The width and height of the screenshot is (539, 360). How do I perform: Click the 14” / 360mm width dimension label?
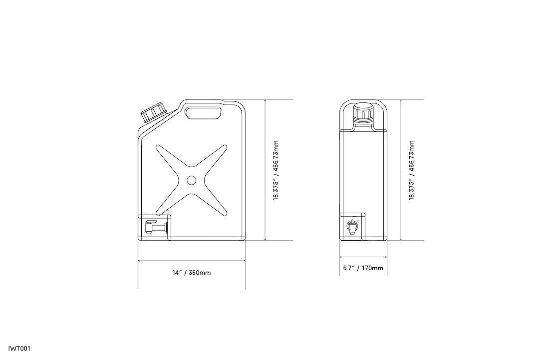pos(191,273)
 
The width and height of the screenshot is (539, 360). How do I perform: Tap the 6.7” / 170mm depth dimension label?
pos(363,268)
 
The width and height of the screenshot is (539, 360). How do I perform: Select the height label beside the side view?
pos(276,170)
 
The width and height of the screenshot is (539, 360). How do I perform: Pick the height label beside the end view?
pos(412,170)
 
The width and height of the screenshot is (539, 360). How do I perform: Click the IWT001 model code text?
pos(19,349)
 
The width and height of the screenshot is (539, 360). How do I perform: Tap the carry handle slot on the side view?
pos(204,113)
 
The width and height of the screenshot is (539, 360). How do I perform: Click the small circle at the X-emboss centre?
pos(192,180)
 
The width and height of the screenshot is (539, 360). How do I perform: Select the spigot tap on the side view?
pos(153,228)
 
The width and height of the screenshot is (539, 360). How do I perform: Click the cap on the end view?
pos(363,113)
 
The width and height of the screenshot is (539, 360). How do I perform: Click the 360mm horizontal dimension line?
pos(192,261)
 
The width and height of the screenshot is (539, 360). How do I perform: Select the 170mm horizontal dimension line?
pos(363,258)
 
